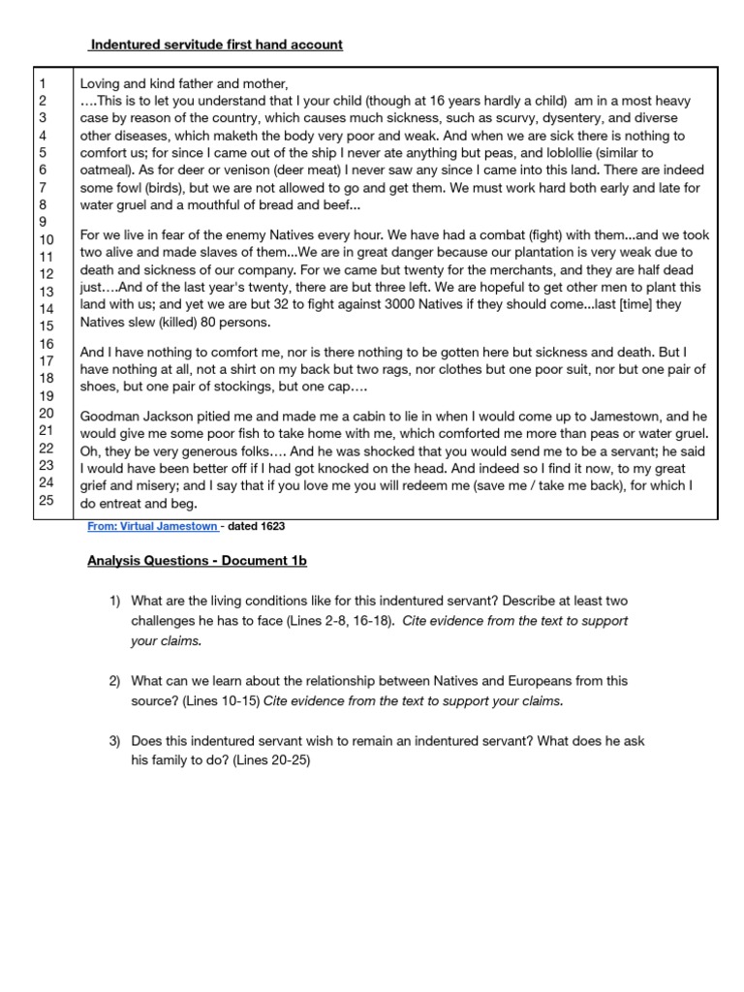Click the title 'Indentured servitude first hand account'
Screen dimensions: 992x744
click(x=216, y=45)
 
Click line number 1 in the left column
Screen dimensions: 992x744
click(x=40, y=83)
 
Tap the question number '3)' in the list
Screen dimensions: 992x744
click(x=114, y=741)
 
